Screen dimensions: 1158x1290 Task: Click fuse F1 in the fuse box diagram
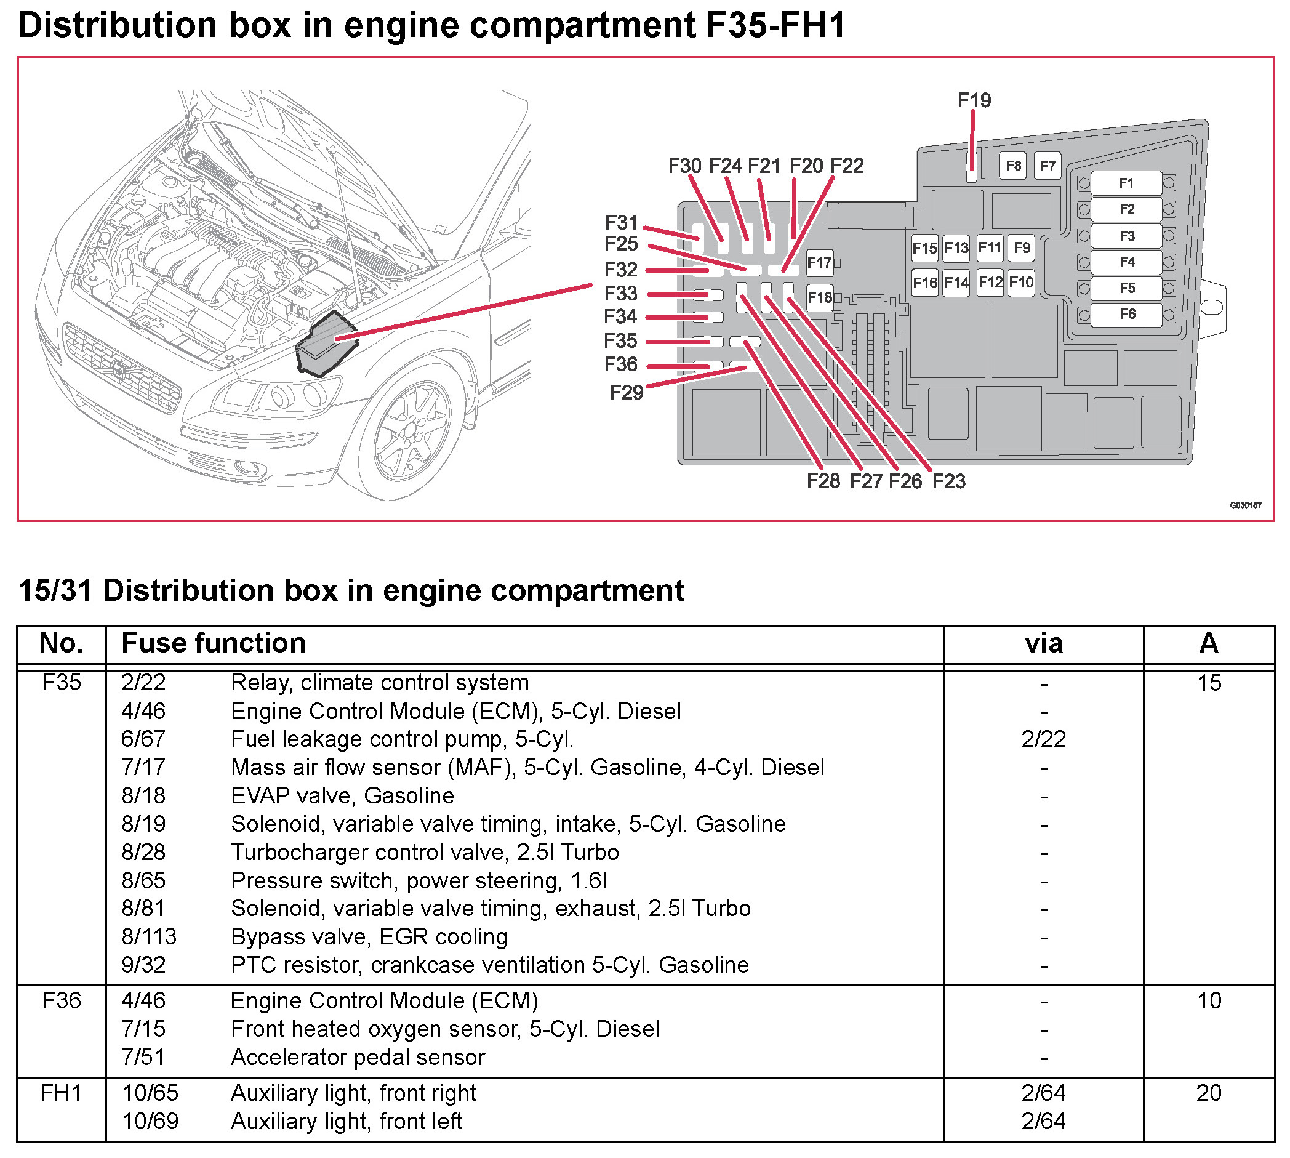click(x=1126, y=183)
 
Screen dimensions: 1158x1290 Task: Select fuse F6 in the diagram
click(x=1126, y=315)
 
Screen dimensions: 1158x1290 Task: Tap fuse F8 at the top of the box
click(x=1012, y=166)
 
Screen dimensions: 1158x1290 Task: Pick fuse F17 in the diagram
click(x=819, y=263)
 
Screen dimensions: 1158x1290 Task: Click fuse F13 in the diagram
click(x=956, y=247)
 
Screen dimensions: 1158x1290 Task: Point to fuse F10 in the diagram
click(x=1021, y=282)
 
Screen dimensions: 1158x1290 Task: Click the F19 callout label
click(x=974, y=100)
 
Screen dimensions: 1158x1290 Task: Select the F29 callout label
click(x=627, y=393)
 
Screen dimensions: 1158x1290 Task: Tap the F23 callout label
click(x=948, y=481)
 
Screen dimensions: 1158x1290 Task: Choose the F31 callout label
click(x=621, y=223)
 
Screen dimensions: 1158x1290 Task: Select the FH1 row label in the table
click(x=61, y=1093)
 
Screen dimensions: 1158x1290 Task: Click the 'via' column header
click(x=1043, y=643)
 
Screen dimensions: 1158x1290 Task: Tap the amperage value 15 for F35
click(x=1209, y=683)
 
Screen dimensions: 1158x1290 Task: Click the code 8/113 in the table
click(x=149, y=936)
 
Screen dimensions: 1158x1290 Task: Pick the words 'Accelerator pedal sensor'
click(x=358, y=1058)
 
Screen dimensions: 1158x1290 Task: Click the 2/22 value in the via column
click(x=1043, y=739)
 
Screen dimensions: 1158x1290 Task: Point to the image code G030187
click(x=1245, y=505)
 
